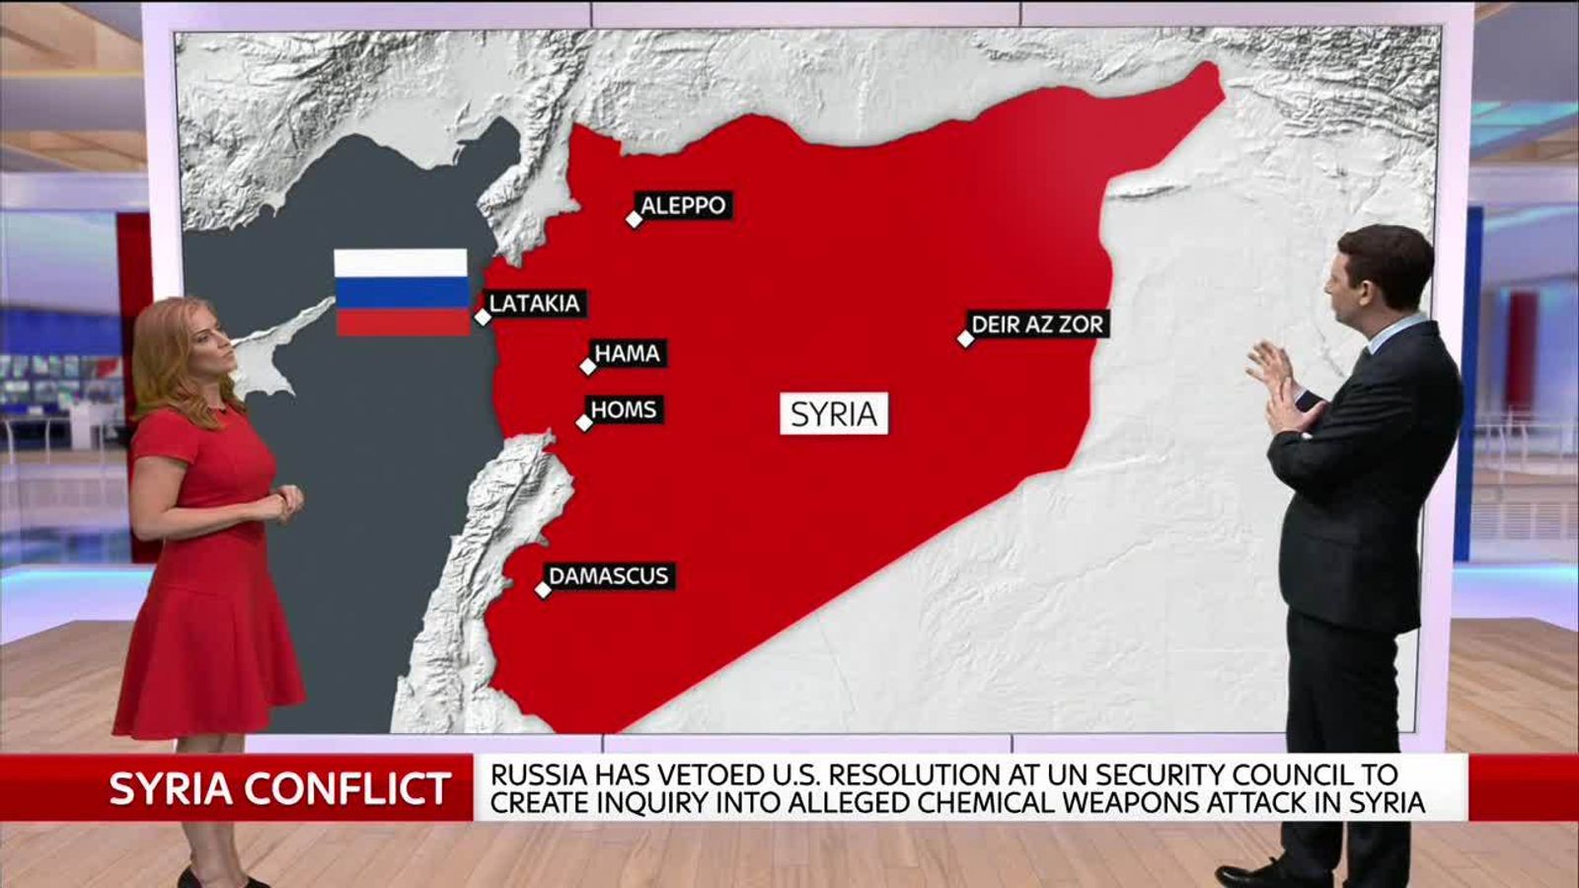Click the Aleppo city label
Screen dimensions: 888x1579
click(x=683, y=206)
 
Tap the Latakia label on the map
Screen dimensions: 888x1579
click(x=535, y=303)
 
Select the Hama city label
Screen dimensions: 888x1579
click(x=628, y=353)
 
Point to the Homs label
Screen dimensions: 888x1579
click(x=624, y=409)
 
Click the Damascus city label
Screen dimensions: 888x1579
click(x=609, y=576)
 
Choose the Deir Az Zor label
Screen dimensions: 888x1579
click(x=1037, y=324)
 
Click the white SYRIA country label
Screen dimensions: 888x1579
click(x=834, y=413)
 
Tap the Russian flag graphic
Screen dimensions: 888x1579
click(x=401, y=292)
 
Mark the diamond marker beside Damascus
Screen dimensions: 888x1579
click(x=543, y=590)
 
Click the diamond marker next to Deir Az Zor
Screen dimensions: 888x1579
click(x=966, y=338)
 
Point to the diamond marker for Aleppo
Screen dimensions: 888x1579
click(x=635, y=219)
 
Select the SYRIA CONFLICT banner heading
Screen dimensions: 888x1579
click(x=279, y=789)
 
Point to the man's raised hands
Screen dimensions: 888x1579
click(x=1275, y=380)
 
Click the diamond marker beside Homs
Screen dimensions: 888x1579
click(x=584, y=423)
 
